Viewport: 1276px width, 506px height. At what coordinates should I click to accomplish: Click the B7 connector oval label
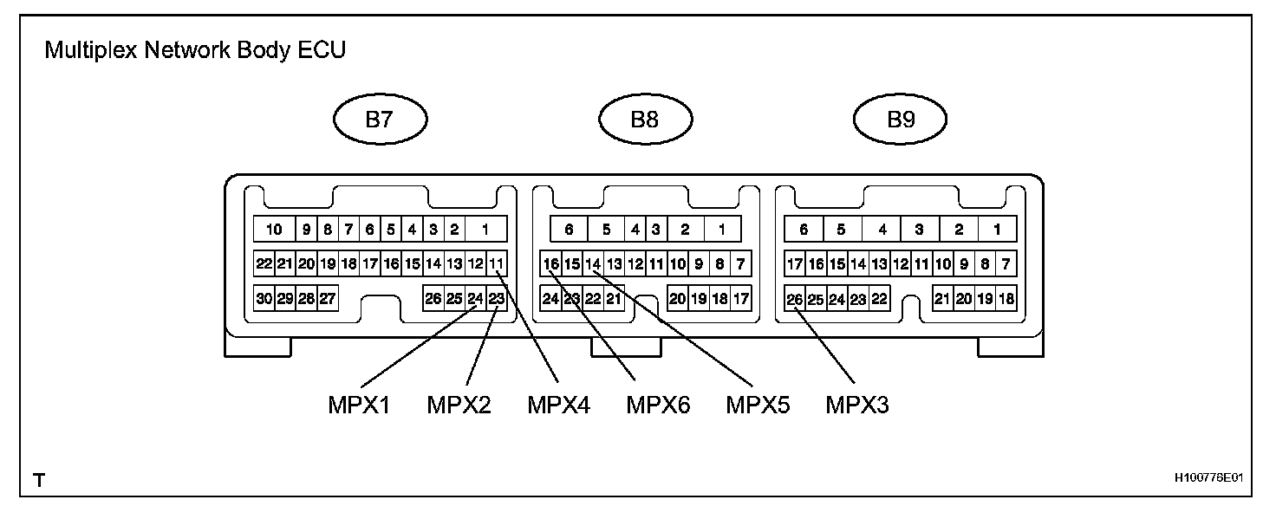coord(381,120)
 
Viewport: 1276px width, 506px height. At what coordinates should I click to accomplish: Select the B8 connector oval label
coord(644,120)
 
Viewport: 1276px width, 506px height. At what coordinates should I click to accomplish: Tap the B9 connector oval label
coord(901,120)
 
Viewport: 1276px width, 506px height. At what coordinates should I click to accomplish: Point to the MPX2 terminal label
coord(459,405)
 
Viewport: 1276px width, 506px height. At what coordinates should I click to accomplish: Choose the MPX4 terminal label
coord(559,405)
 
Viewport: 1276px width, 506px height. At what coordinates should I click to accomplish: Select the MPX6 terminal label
coord(658,405)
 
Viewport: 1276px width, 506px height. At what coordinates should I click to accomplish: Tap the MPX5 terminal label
coord(758,405)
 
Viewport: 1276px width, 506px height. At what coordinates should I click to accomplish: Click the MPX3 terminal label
coord(857,405)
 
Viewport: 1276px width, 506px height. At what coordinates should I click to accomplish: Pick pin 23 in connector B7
coord(497,299)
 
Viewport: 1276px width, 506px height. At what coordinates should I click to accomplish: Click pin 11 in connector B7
coord(497,263)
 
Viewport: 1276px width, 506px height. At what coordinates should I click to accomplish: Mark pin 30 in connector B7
coord(264,299)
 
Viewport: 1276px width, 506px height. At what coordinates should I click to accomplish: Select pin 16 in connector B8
coord(550,263)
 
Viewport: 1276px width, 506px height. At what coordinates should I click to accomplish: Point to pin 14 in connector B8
coord(593,263)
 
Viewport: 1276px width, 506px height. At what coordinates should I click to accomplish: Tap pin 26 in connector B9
coord(794,299)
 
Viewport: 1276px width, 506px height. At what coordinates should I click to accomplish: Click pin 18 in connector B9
coord(1006,299)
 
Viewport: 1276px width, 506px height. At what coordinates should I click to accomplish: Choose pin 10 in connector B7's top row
coord(275,230)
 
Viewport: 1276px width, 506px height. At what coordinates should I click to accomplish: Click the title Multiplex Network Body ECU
coord(195,50)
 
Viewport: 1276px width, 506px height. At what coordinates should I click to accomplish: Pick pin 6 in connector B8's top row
coord(570,230)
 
